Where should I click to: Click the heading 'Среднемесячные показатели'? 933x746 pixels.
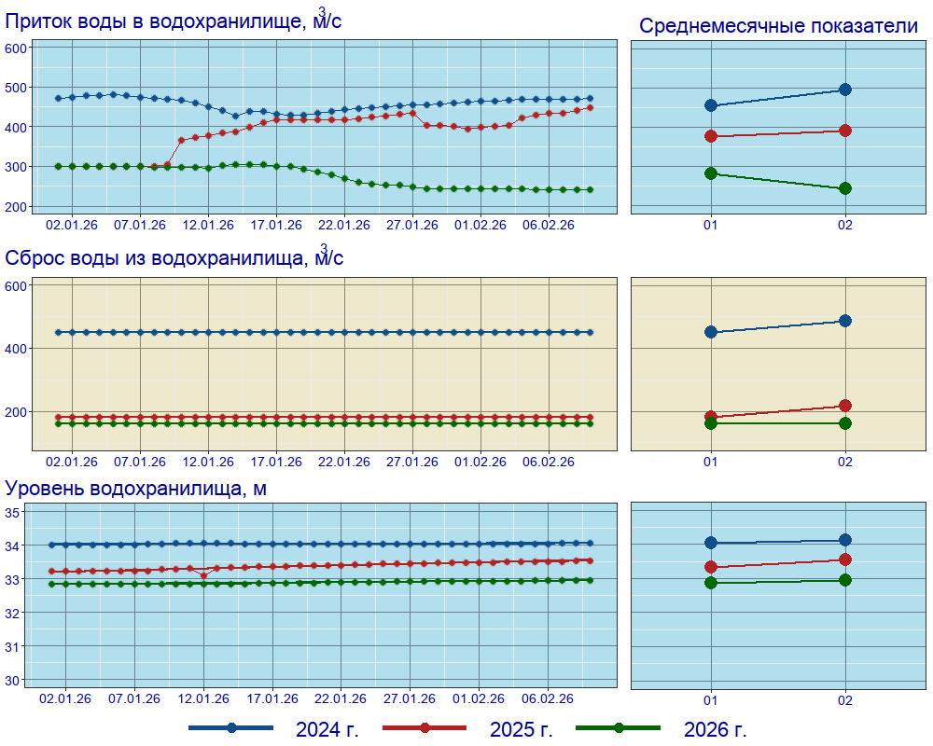(x=778, y=26)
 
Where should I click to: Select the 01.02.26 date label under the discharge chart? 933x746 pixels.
(x=480, y=462)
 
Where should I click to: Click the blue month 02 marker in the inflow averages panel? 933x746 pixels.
(x=845, y=90)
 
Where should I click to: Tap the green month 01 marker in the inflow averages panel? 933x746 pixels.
(x=711, y=173)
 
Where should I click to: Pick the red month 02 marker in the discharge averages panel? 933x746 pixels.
(x=845, y=406)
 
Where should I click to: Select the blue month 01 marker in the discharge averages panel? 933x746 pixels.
(x=711, y=332)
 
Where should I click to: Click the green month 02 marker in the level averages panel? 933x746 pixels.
(x=845, y=580)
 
